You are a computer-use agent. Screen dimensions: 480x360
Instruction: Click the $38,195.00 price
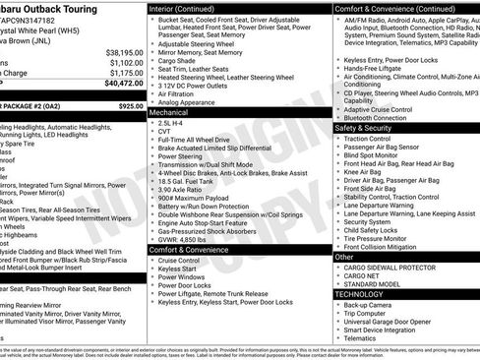[124, 51]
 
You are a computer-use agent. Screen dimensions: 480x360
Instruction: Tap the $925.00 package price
[130, 105]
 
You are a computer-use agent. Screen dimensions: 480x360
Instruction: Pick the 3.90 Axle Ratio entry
[181, 192]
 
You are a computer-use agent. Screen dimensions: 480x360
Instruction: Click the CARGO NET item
[363, 275]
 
